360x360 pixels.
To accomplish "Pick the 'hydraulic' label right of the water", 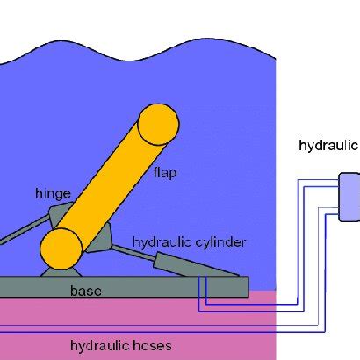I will click(328, 145).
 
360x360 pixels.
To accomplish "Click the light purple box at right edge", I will click(349, 197).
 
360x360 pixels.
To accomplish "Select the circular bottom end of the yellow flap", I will click(61, 249).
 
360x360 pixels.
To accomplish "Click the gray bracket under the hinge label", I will click(64, 213).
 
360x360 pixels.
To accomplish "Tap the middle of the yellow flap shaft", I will click(110, 186).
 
